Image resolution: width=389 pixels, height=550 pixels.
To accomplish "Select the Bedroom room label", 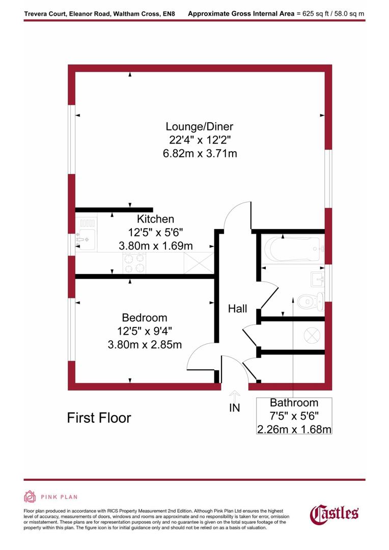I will [145, 318].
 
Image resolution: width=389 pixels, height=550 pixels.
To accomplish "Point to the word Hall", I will [237, 309].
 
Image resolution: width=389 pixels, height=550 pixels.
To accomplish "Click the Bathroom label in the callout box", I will [294, 403].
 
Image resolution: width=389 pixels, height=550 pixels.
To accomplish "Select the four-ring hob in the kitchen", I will [134, 263].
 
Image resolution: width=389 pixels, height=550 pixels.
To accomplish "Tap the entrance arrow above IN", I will [235, 394].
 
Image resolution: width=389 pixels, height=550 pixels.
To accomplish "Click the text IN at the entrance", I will [235, 407].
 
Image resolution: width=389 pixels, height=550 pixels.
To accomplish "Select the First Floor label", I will [99, 418].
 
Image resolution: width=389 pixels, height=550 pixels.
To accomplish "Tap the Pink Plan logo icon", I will [30, 497].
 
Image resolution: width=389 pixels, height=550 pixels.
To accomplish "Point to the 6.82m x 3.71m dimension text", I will [203, 153].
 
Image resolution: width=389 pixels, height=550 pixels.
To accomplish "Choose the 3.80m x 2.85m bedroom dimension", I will [145, 344].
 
